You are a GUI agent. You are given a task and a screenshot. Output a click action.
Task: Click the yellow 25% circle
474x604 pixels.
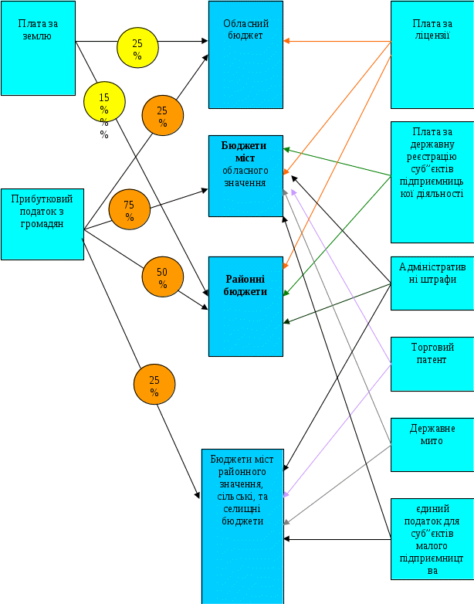[x=137, y=48]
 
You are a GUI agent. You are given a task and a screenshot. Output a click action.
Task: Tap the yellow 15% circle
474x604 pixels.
[x=104, y=103]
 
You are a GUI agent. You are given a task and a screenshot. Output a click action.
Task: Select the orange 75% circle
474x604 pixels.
[x=129, y=210]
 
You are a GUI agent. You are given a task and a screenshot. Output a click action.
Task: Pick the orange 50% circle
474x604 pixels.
[x=162, y=277]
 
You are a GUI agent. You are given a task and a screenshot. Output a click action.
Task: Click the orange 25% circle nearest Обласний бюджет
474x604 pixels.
[x=162, y=116]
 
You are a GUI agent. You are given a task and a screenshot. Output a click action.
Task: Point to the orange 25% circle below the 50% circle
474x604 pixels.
[x=154, y=385]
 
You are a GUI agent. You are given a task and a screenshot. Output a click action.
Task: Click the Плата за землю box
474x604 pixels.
[x=38, y=48]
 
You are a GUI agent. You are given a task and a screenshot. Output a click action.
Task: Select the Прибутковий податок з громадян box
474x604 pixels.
[x=42, y=224]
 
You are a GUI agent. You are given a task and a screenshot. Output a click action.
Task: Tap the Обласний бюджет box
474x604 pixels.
[x=245, y=54]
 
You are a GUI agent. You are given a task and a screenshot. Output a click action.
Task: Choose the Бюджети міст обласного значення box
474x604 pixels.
[x=245, y=175]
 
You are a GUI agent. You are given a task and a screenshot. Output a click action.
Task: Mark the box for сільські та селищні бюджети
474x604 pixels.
[x=242, y=525]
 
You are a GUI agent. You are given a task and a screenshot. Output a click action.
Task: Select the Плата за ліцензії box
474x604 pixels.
[x=432, y=54]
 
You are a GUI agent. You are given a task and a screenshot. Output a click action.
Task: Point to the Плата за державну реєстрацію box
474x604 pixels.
[x=432, y=182]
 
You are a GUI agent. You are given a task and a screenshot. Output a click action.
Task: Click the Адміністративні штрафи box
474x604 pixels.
[x=432, y=283]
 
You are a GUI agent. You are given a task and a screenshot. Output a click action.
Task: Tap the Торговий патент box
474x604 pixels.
[x=432, y=363]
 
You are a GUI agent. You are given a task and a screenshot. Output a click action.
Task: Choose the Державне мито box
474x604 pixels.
[x=432, y=444]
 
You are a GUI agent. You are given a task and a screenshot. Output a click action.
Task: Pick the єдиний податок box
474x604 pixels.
[x=432, y=538]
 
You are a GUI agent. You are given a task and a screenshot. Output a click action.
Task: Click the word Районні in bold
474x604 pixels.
[x=245, y=280]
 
